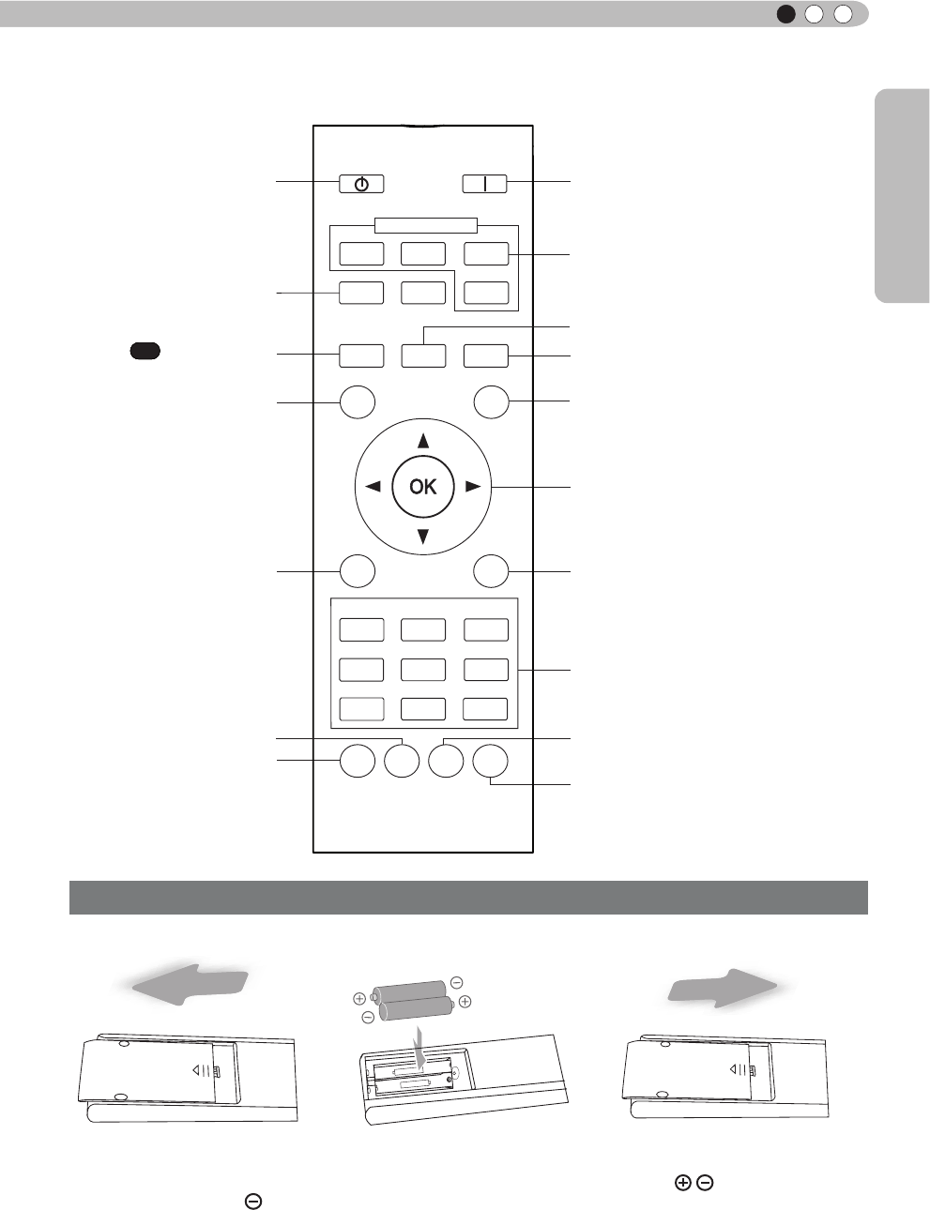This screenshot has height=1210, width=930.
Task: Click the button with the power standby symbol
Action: pyautogui.click(x=361, y=184)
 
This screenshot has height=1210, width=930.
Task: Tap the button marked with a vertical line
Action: pyautogui.click(x=484, y=184)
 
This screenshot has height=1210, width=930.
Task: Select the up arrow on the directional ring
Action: pyautogui.click(x=423, y=440)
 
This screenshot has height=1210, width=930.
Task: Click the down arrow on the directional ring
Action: pyautogui.click(x=423, y=536)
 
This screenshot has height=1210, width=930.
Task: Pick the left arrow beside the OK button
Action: pyautogui.click(x=373, y=487)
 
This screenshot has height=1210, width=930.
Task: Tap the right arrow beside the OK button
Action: pyautogui.click(x=473, y=487)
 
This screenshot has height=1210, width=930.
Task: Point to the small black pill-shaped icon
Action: pyautogui.click(x=145, y=351)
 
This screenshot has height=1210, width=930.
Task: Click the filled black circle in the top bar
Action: pyautogui.click(x=786, y=14)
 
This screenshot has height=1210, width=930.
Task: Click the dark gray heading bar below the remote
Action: pyautogui.click(x=468, y=898)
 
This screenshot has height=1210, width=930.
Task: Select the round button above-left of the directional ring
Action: pyautogui.click(x=357, y=401)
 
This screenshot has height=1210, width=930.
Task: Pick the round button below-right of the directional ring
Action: pyautogui.click(x=490, y=571)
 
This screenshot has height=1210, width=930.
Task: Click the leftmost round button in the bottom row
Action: pyautogui.click(x=357, y=761)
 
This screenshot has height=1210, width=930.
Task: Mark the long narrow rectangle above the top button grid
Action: pyautogui.click(x=425, y=225)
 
